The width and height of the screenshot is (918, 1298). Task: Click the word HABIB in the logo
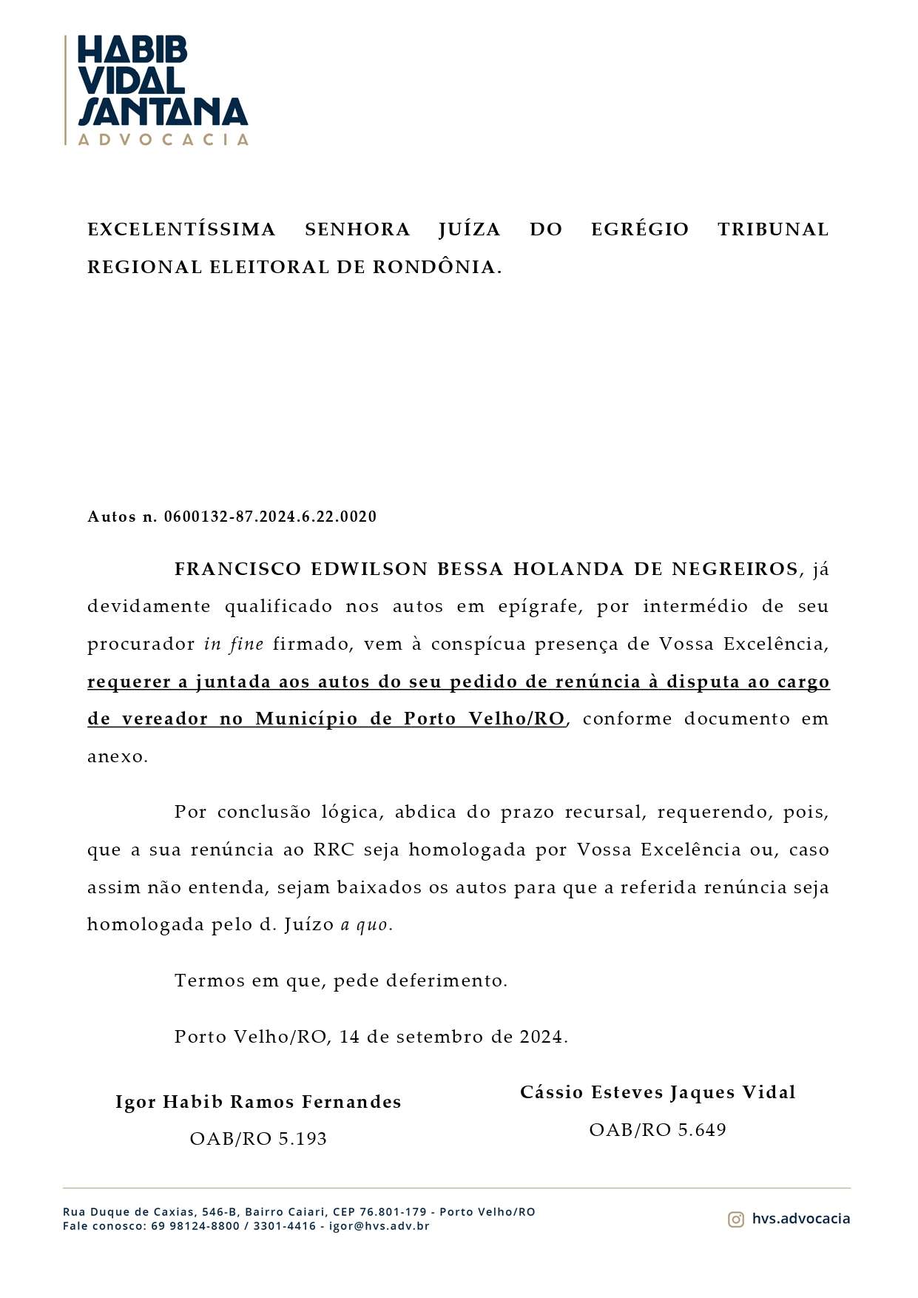[132, 51]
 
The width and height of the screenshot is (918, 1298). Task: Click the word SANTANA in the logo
[163, 112]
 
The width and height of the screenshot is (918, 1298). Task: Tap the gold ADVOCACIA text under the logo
[163, 139]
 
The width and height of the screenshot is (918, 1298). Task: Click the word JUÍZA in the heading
[469, 229]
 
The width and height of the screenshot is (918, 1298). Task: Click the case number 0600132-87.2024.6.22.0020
[270, 517]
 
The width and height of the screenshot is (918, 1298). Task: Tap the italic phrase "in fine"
[234, 644]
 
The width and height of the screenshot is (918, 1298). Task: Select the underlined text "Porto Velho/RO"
[484, 719]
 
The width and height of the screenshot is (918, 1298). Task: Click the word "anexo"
[117, 756]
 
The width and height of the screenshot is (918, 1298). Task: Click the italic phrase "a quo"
[365, 924]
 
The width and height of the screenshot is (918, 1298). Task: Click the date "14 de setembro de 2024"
[452, 1036]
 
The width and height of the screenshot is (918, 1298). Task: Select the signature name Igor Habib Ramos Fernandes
[258, 1102]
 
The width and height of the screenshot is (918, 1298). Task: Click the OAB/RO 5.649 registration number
[658, 1130]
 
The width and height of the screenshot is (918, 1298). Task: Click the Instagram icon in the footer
[735, 1219]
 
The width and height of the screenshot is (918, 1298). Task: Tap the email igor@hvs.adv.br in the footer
[379, 1225]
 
